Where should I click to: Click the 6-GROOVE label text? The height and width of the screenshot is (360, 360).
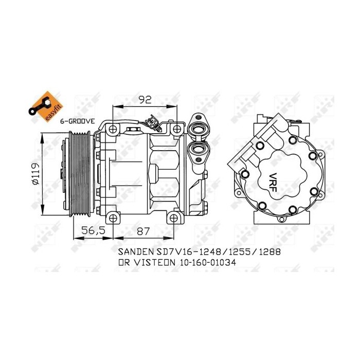77,120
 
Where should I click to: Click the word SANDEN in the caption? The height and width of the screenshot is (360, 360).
135,253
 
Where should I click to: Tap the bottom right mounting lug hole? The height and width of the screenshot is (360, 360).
175,218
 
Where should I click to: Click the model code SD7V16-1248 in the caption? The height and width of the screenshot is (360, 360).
187,253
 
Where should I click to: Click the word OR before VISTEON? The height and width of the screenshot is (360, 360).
124,262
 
